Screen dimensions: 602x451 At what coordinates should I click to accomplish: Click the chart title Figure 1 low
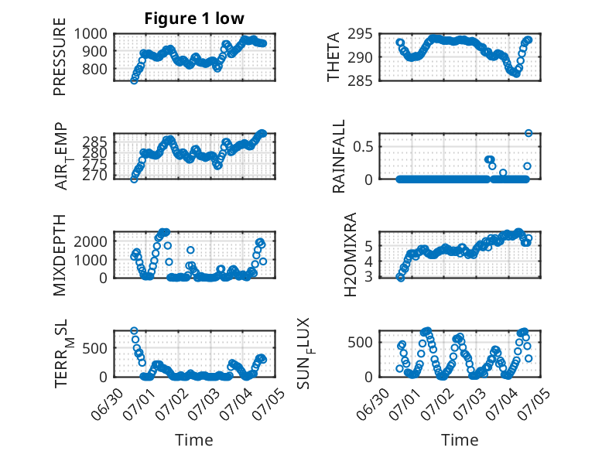194,19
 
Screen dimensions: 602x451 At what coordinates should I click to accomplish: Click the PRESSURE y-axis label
60,56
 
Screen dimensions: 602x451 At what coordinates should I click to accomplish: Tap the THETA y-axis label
333,56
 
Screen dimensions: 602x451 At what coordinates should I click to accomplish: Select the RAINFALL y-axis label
339,155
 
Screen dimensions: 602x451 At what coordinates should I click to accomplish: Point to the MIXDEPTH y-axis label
60,255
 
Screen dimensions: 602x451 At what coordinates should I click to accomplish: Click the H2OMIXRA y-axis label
351,255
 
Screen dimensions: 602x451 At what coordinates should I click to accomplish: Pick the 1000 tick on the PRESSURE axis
91,34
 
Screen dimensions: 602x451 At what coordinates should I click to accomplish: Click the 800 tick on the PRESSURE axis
94,70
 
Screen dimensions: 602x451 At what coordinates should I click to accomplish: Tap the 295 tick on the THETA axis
360,34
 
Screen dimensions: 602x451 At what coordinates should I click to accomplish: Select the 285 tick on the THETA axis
360,81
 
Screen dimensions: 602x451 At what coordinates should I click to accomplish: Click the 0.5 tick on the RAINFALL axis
362,146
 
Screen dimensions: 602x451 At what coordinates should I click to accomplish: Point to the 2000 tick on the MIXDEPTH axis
91,241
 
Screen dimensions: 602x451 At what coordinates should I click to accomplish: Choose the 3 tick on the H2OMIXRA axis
368,276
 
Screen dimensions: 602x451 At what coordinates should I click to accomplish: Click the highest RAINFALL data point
528,133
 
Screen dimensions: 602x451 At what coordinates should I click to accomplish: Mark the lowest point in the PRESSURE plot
134,80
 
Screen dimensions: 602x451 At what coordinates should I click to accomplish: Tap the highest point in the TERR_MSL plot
134,331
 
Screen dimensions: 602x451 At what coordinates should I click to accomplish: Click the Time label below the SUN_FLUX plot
460,440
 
